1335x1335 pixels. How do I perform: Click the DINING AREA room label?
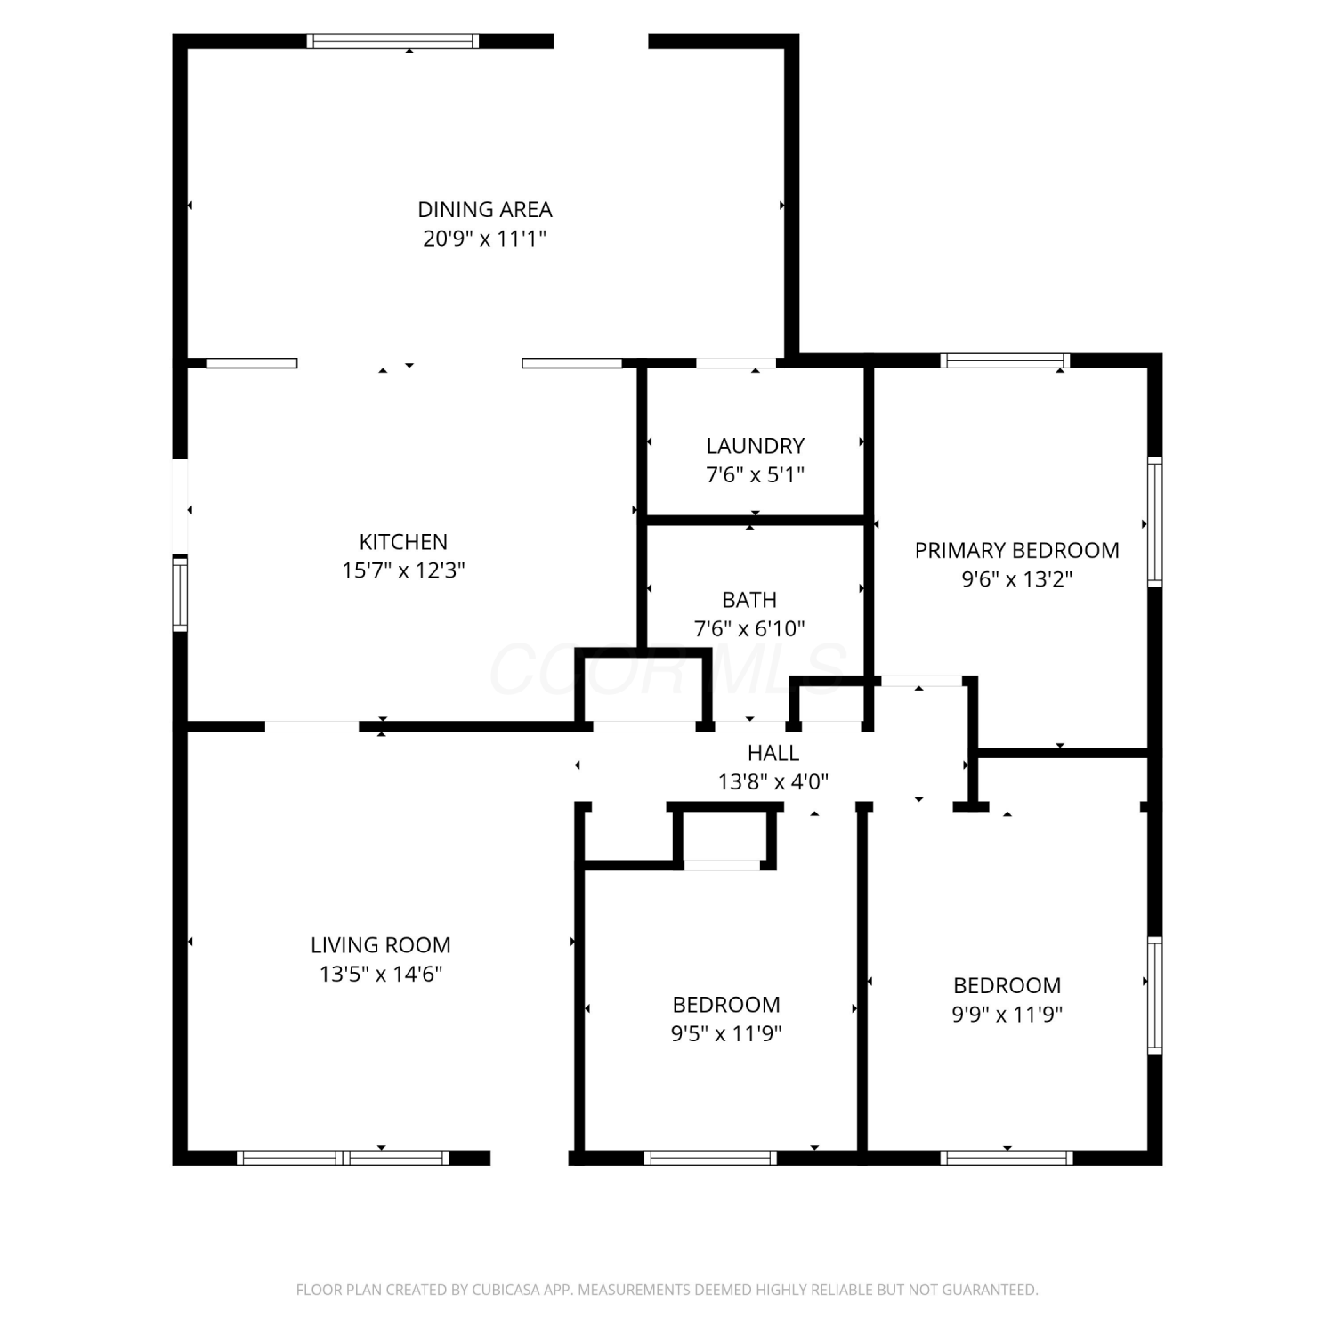coord(485,209)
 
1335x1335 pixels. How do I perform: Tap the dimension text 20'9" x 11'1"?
coord(484,239)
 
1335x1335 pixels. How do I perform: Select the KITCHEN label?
coord(403,541)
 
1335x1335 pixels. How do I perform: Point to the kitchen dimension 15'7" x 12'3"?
coord(403,570)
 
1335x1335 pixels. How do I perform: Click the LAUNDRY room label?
coord(756,446)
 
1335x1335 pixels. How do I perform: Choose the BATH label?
coord(749,600)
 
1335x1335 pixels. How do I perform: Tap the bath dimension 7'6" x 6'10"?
coord(749,628)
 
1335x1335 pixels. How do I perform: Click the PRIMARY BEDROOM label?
coord(1017,550)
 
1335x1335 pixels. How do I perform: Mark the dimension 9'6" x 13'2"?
coord(1016,579)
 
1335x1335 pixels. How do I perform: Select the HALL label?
coord(773,753)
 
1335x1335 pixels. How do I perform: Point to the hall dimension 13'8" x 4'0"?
coord(773,782)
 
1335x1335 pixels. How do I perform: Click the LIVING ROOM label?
coord(381,944)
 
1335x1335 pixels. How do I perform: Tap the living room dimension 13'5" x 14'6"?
coord(381,974)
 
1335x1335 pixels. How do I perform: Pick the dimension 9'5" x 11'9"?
coord(726,1033)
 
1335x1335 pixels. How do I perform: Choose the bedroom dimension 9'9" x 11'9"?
coord(1007,1015)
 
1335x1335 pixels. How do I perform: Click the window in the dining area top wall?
coord(392,41)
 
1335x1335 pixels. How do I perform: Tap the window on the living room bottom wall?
coord(343,1158)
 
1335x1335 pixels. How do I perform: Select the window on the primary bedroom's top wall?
coord(1005,360)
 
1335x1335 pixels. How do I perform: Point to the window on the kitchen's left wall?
coord(181,593)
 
